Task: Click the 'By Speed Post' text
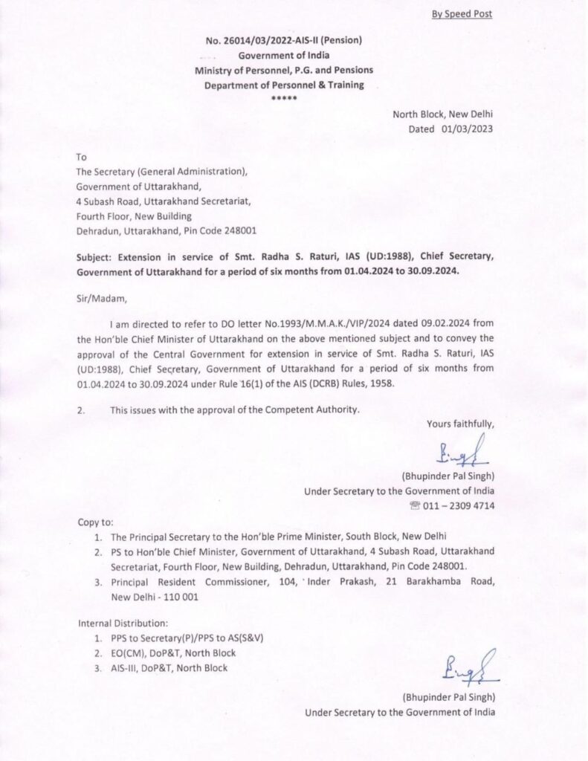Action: click(x=462, y=13)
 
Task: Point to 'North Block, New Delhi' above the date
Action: click(x=442, y=114)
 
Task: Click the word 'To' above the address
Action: click(x=82, y=158)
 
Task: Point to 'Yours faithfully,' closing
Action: click(x=460, y=424)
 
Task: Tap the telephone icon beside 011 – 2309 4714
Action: click(x=414, y=506)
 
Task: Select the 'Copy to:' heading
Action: click(x=95, y=522)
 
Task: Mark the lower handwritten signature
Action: click(x=471, y=666)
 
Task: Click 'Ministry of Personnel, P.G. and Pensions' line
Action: click(x=284, y=70)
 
